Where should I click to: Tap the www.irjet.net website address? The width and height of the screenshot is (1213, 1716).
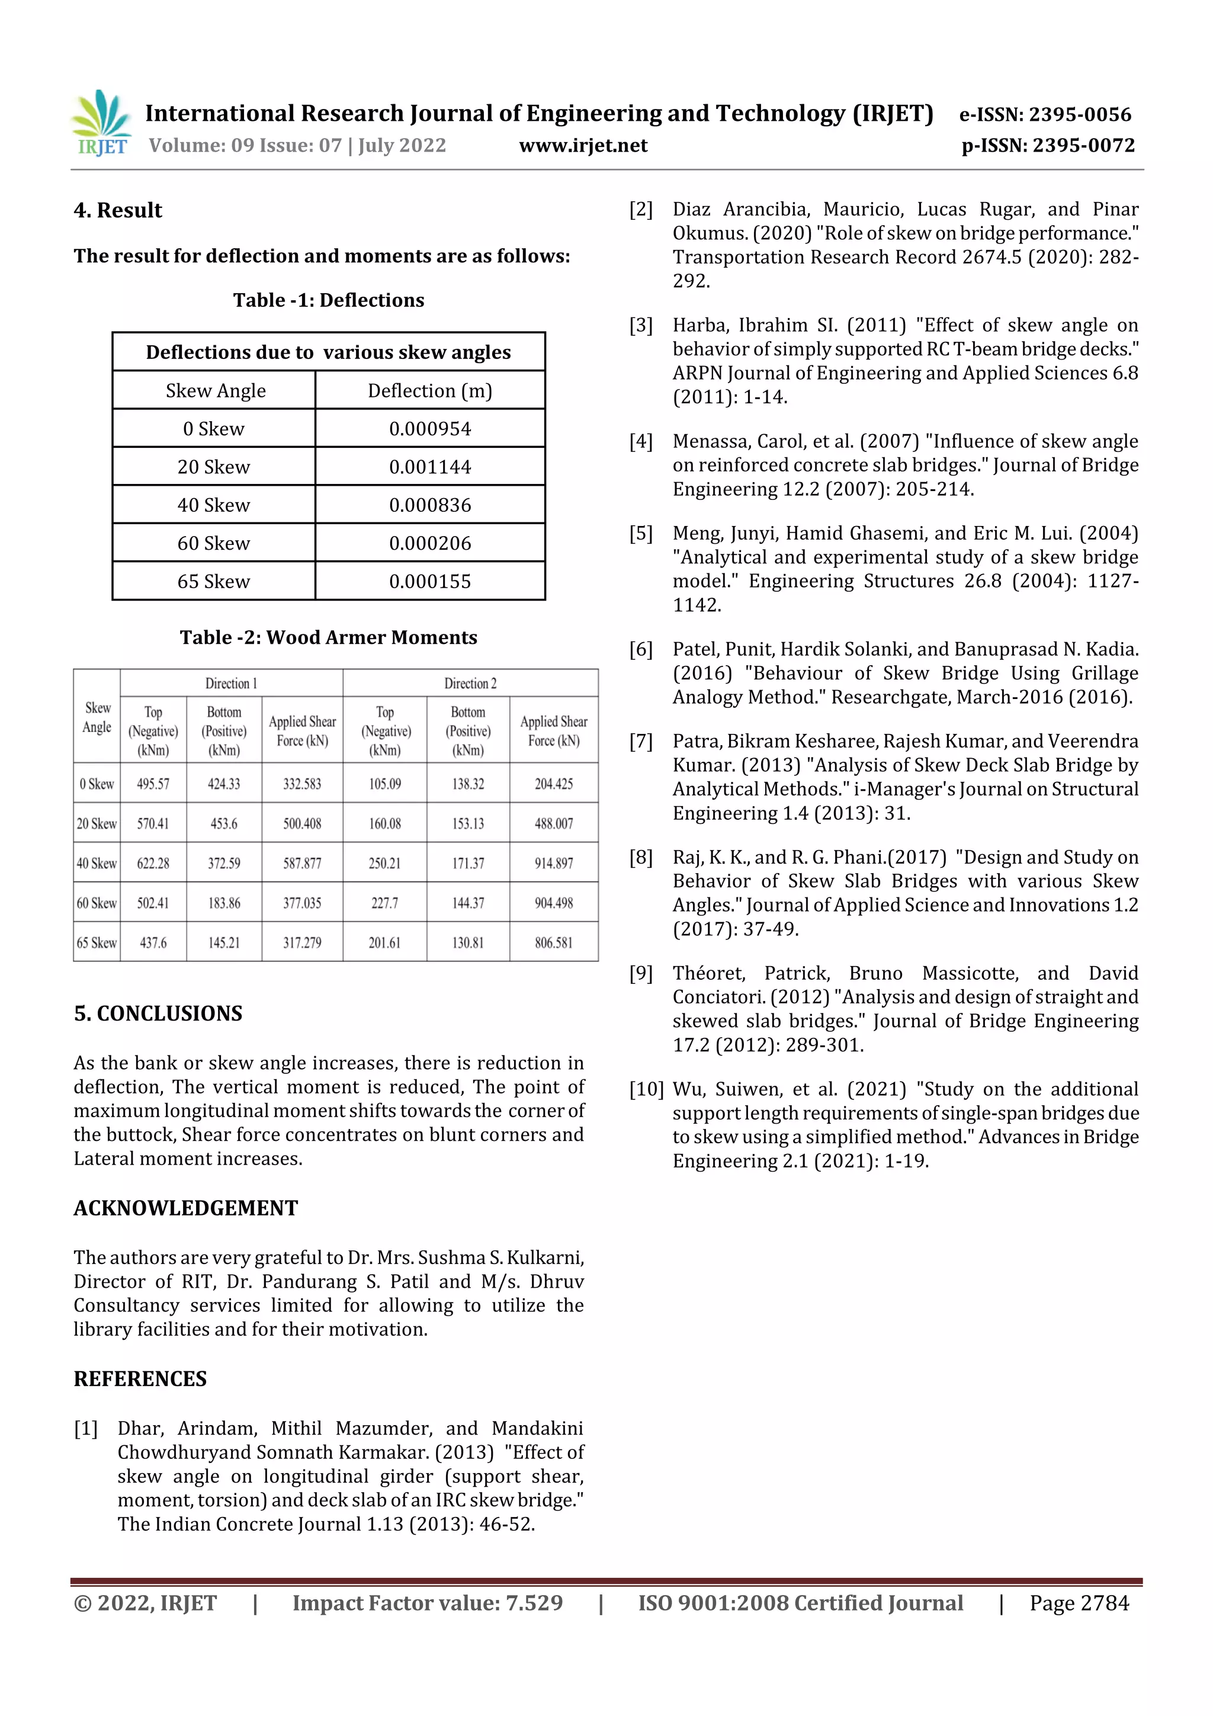coord(583,146)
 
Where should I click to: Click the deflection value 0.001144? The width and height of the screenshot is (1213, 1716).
coord(430,467)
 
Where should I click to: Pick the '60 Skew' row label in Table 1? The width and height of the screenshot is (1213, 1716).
coord(214,543)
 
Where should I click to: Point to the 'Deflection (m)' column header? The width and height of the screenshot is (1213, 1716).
coord(430,391)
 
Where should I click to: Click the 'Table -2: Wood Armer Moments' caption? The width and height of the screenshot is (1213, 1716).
coord(328,637)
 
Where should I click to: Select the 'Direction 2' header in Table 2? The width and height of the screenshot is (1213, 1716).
coord(470,683)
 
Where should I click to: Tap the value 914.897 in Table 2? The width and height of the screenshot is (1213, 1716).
coord(553,863)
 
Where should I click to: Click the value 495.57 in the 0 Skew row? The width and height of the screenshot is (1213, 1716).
coord(153,784)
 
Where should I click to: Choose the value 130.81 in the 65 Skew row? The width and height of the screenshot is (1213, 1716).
coord(468,942)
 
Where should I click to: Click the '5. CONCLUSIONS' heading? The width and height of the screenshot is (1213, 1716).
coord(158,1013)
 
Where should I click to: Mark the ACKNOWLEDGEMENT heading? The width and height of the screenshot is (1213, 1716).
coord(185,1208)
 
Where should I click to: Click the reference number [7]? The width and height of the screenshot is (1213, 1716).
coord(640,742)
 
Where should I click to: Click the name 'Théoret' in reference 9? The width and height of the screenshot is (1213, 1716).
coord(708,973)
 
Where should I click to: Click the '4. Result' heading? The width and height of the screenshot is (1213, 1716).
coord(118,210)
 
